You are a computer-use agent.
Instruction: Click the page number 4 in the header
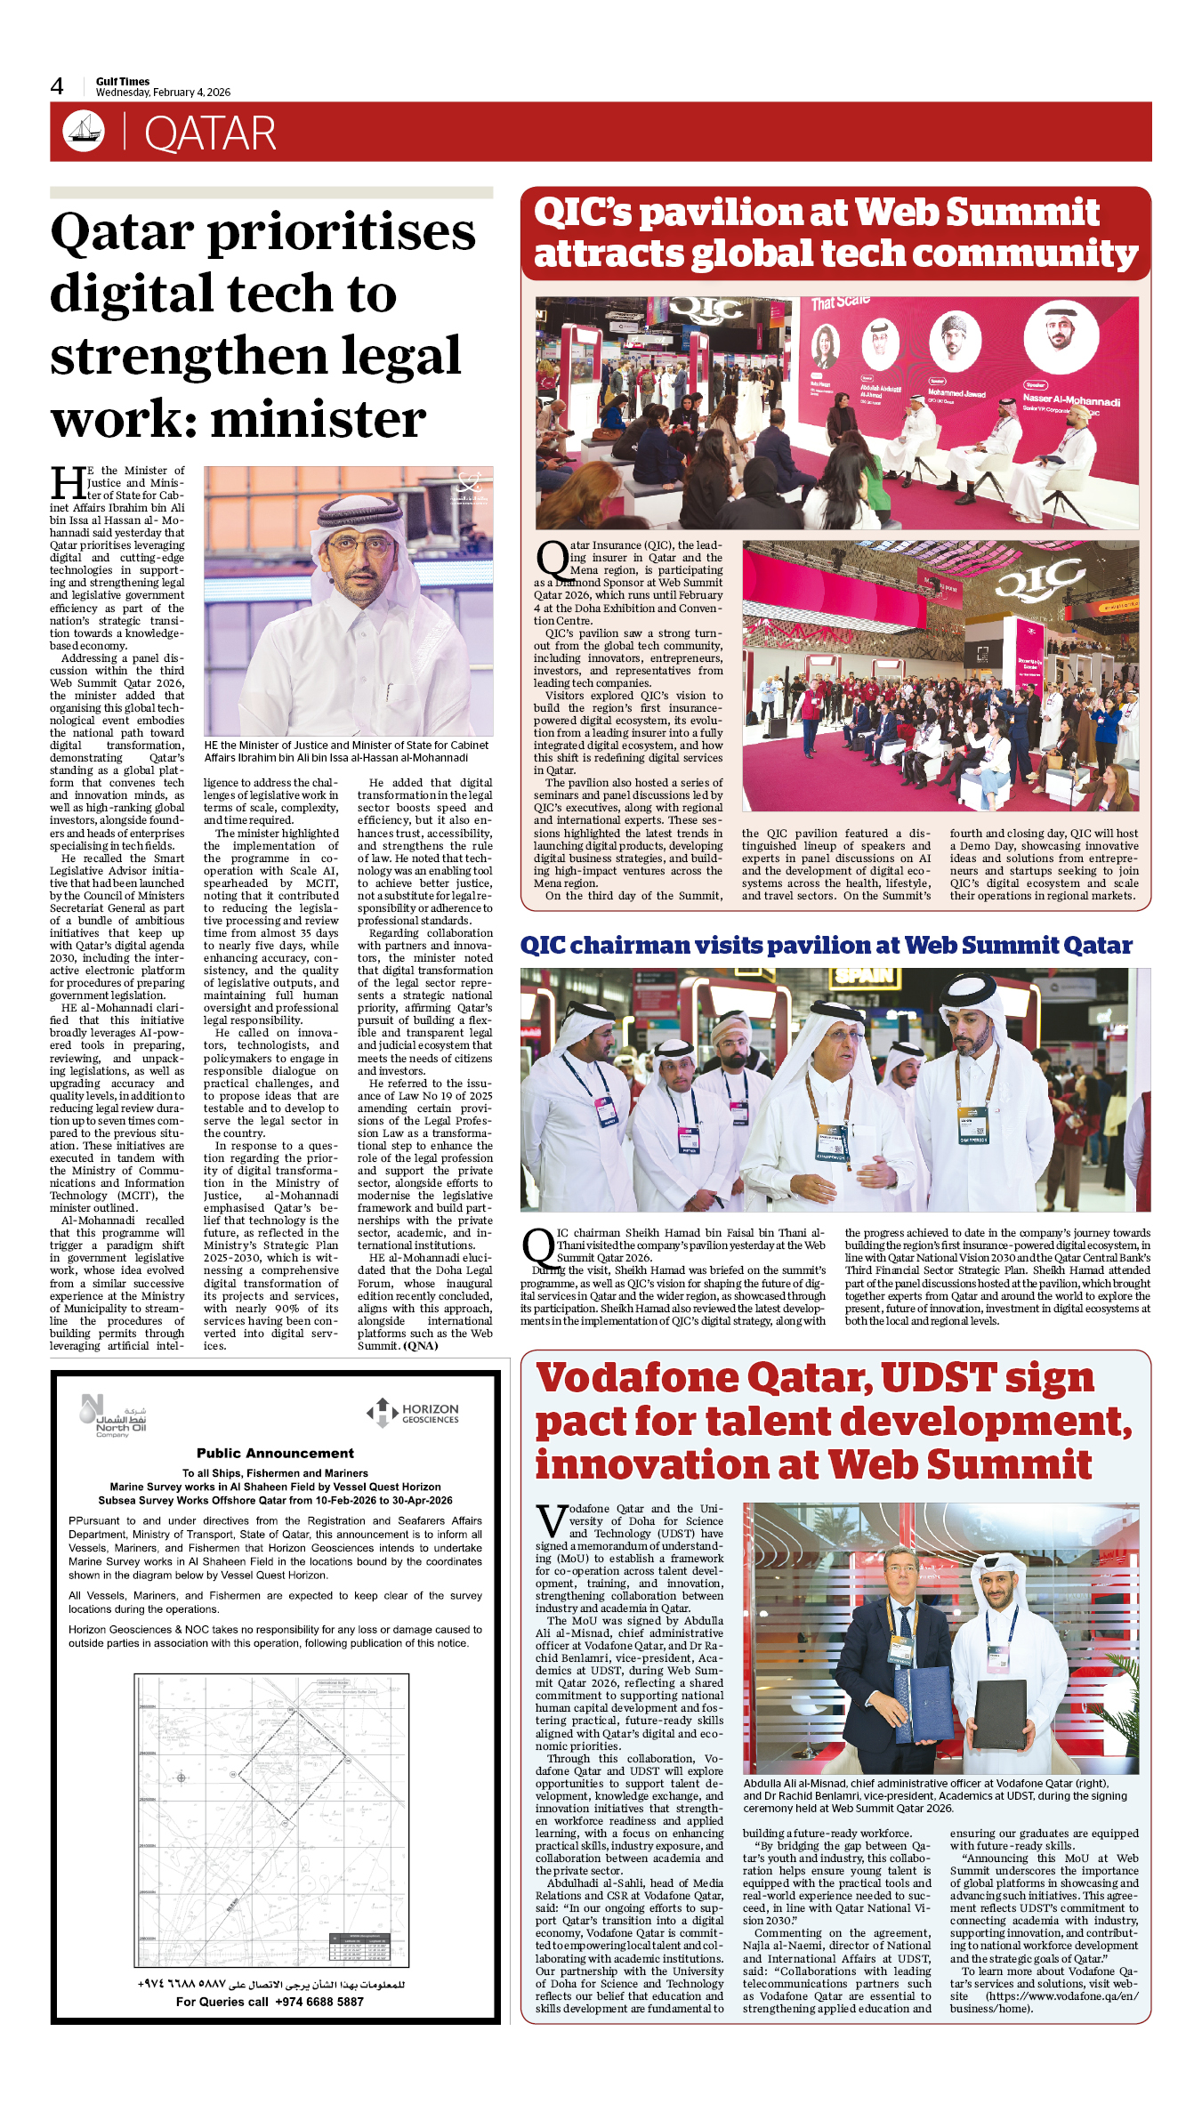57,86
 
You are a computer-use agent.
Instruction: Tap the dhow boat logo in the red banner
84,131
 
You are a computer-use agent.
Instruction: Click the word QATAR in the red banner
210,134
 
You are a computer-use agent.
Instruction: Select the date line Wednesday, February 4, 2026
163,93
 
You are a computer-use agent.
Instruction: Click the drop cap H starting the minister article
68,483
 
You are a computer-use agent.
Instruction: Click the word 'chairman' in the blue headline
644,945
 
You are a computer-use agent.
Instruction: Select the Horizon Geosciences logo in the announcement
413,1413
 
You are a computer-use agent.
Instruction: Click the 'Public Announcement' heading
275,1453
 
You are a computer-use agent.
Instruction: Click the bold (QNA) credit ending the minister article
421,1346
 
